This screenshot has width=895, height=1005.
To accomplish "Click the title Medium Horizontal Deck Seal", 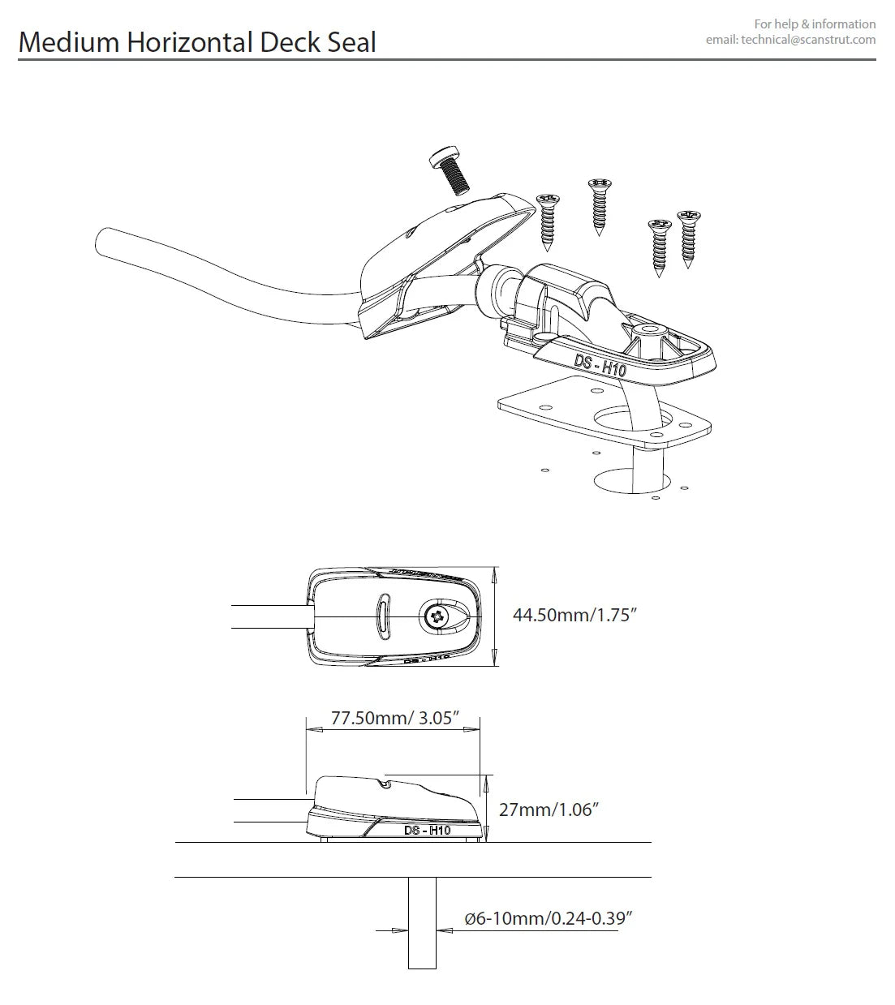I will pos(197,42).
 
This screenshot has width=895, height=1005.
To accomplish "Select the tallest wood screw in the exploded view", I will pos(599,204).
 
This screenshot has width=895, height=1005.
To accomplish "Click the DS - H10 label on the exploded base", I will pos(600,364).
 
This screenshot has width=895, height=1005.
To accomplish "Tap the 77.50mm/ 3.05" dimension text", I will pos(395,718).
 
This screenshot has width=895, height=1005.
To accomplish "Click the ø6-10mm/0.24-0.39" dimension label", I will pos(548,918).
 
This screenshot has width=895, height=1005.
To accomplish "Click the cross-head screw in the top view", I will pos(437,617).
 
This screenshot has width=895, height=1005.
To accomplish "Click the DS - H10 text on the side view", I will pos(428,830).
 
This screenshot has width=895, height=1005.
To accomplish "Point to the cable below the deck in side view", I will pos(422,925).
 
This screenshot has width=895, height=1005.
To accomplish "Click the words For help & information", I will pos(815,24).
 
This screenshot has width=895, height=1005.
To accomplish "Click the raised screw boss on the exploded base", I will pos(649,332).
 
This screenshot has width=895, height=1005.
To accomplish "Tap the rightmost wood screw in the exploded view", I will pos(690,238).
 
